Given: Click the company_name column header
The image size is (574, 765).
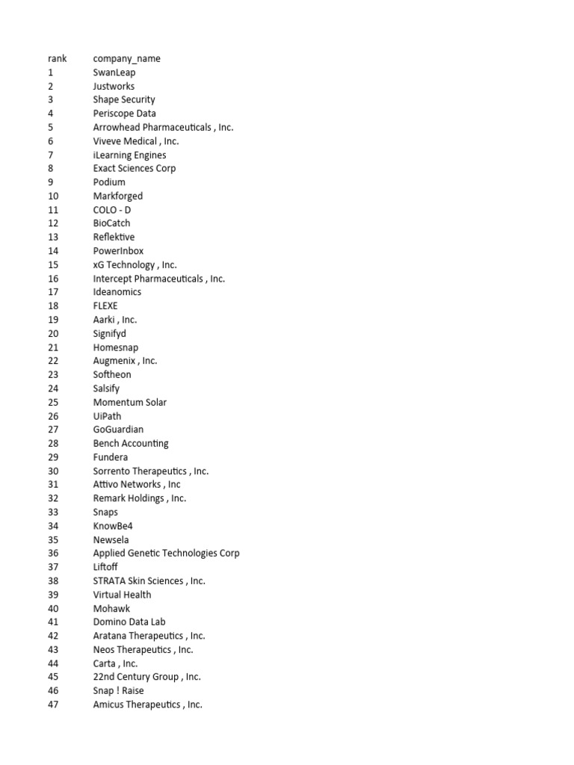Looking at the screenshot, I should pos(126,58).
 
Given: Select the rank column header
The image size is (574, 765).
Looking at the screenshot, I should pos(57,58).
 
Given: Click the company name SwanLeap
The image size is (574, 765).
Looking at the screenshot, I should pos(114,72).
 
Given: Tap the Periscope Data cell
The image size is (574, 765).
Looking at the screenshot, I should pos(124,114).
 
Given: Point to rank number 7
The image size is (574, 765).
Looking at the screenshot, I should pos(50,155).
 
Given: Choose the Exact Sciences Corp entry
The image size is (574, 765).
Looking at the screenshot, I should pos(134,168).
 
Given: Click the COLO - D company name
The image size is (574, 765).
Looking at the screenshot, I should pos(111,210).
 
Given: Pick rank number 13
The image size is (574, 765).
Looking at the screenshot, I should pos(52,237).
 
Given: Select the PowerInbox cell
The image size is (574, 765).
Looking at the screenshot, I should pos(118,251).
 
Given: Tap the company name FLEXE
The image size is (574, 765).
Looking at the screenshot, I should pos(105,306).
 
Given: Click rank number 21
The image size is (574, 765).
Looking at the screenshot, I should pos(52,347).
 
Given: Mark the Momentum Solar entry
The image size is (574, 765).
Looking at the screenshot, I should pos(129,402).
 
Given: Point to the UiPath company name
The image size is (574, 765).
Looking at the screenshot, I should pos(107,416).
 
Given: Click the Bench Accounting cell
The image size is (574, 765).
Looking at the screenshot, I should pos(131,443).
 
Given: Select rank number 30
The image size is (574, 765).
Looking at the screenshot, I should pos(52,471).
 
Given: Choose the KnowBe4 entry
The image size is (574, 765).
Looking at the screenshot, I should pos(112,526).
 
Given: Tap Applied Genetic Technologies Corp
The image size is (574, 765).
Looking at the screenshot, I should pos(166,553).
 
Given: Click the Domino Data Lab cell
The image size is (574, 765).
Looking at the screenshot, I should pos(129,622).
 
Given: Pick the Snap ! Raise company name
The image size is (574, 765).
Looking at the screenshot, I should pos(118,690).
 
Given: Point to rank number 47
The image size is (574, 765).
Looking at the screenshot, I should pos(52,704).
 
